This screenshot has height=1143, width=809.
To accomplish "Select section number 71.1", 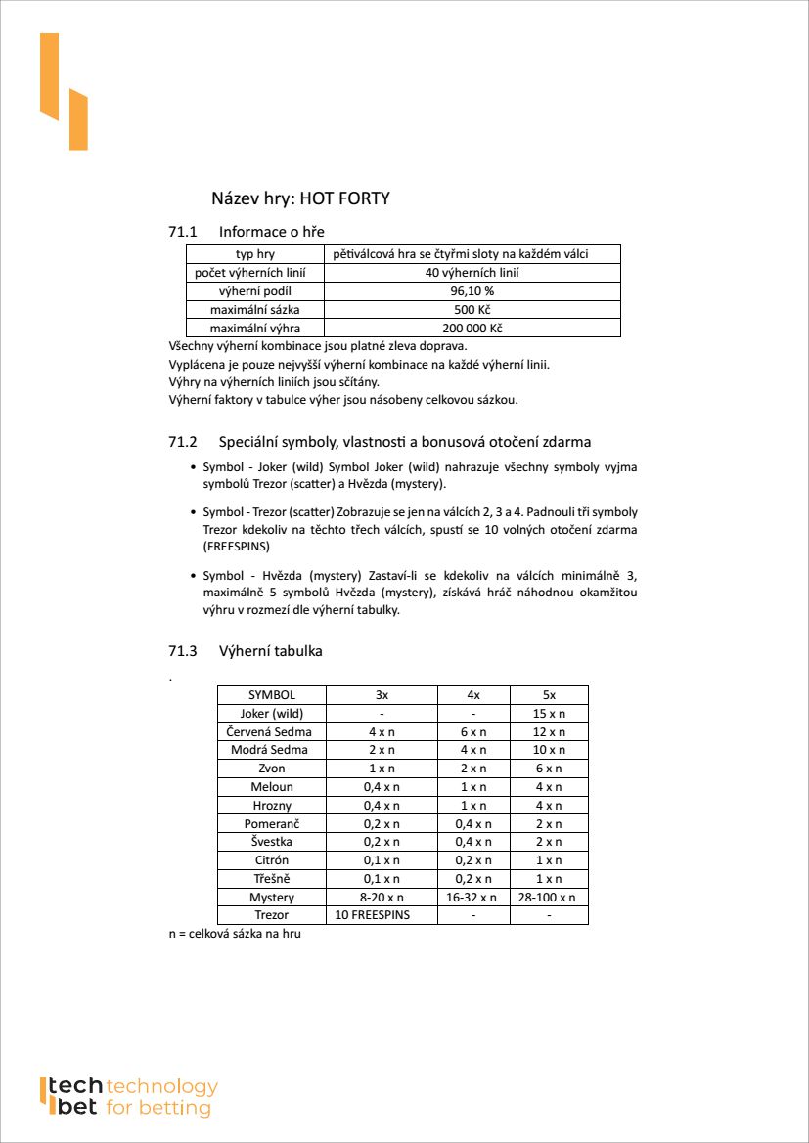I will tap(183, 232).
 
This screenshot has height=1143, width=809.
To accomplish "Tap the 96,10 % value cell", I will tap(472, 291).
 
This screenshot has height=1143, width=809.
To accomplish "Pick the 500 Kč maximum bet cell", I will tap(472, 310).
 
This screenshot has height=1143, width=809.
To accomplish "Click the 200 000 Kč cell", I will tap(472, 329).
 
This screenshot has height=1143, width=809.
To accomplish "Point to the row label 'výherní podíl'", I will tap(254, 291).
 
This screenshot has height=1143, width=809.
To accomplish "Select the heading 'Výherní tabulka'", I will tap(270, 651).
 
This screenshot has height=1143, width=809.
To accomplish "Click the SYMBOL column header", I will tap(271, 695).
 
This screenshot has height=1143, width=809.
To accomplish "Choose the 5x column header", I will tap(549, 695).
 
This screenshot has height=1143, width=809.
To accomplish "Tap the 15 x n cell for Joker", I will tap(549, 714).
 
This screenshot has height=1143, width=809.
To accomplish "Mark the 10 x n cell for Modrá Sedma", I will tap(549, 750).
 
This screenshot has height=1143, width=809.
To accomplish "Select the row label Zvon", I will tap(271, 769).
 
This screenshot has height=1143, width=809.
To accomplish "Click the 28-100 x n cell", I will tap(549, 897).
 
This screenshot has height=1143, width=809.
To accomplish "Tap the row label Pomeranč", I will tap(271, 823).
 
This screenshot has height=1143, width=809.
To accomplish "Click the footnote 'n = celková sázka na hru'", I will tap(235, 935).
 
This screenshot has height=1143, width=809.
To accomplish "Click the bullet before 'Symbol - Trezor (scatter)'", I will tap(193, 512).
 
